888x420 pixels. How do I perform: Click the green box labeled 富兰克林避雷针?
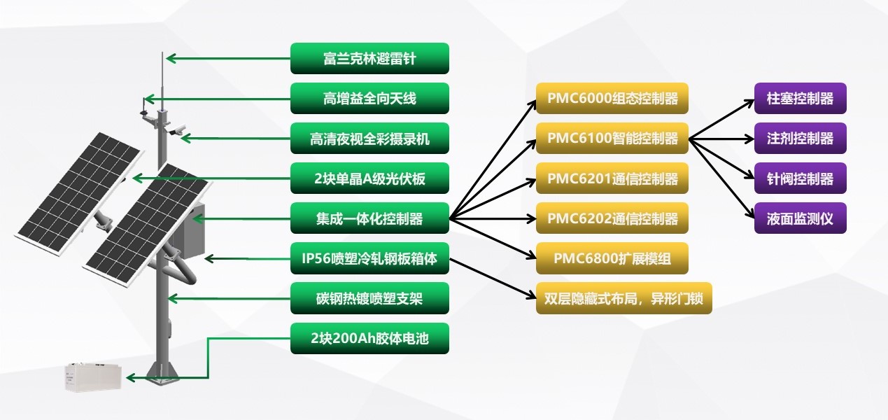point(369,58)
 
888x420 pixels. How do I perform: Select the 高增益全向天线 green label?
point(369,99)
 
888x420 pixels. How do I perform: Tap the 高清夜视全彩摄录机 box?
point(369,139)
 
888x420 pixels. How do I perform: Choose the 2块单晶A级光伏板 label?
point(369,178)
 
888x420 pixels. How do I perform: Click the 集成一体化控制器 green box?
point(369,218)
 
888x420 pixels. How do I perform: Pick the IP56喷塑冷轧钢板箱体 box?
point(369,258)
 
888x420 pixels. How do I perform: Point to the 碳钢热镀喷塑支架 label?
point(369,298)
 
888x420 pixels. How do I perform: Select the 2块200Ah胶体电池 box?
point(369,338)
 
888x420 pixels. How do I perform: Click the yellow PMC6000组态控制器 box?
point(612,99)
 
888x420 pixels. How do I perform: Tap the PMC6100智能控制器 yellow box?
point(612,139)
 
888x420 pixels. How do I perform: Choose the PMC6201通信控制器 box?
point(612,178)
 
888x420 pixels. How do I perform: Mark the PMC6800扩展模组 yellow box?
point(612,258)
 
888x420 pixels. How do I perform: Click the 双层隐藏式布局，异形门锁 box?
point(624,298)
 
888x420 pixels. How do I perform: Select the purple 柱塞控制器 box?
point(800,99)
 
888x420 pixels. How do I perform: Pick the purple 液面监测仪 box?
point(800,218)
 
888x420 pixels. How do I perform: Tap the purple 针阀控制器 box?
point(800,178)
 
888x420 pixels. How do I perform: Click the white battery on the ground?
point(94,377)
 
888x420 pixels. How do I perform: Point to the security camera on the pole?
point(177,129)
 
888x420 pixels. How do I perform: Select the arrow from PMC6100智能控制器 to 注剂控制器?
point(721,139)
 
